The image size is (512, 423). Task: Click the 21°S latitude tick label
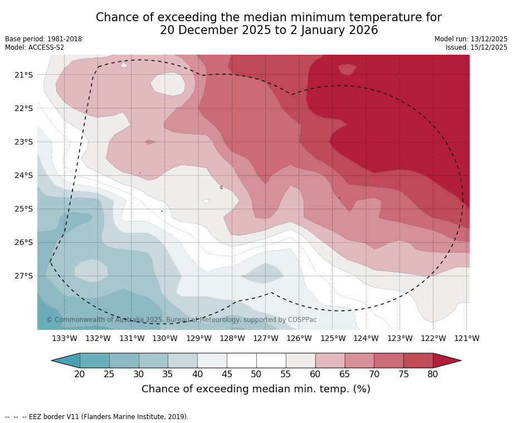click(x=23, y=75)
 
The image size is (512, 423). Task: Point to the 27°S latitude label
click(x=23, y=276)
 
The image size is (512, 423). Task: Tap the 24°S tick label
click(x=23, y=175)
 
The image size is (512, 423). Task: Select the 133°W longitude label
click(x=65, y=338)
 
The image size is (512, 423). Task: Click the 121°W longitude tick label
click(x=467, y=338)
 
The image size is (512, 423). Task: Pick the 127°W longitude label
click(x=266, y=338)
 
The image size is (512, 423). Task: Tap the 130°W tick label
click(x=165, y=338)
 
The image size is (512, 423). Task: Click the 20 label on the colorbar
click(x=80, y=374)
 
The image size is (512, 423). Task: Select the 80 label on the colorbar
click(x=433, y=374)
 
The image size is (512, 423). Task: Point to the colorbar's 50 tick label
click(x=256, y=374)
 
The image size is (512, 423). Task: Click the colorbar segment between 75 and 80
click(x=418, y=360)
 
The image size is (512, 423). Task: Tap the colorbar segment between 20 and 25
click(x=95, y=360)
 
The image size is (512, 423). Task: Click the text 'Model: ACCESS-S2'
click(x=35, y=47)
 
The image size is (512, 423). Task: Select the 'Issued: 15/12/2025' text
click(x=476, y=47)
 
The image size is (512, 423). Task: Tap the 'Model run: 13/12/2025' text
click(x=471, y=39)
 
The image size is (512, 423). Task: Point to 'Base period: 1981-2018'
click(x=43, y=39)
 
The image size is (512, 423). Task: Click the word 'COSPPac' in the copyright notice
click(x=302, y=320)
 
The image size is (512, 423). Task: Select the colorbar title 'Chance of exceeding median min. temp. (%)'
click(x=256, y=389)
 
